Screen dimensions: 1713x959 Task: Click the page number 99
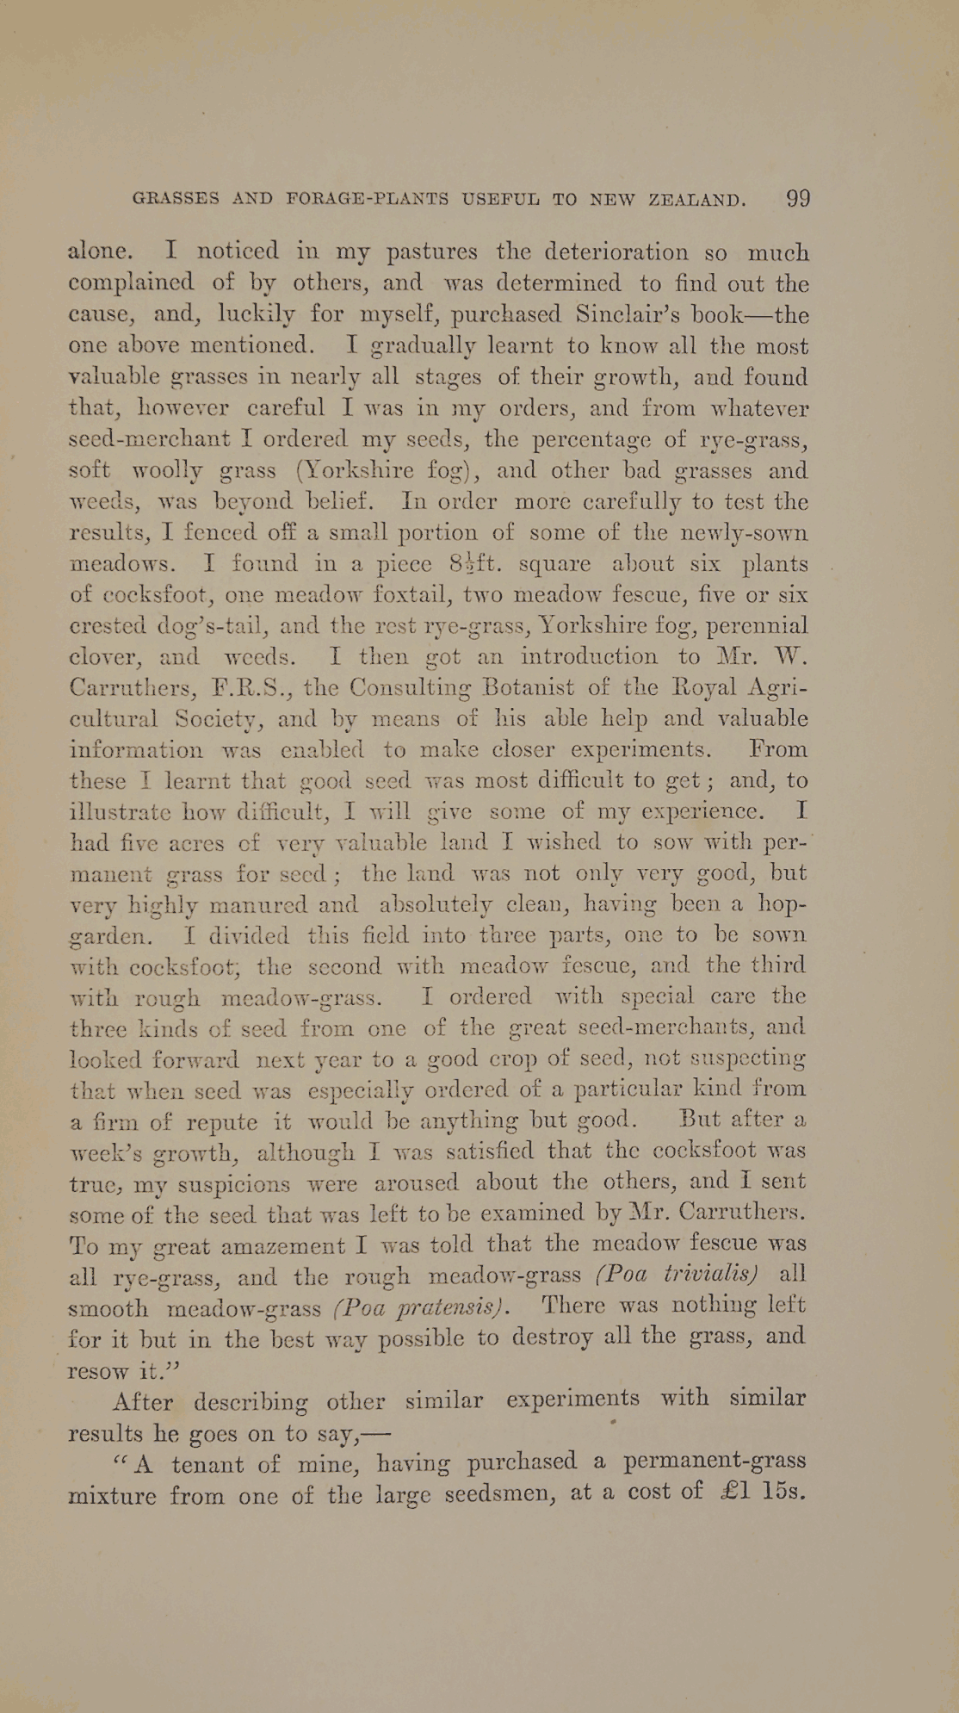click(x=798, y=199)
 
